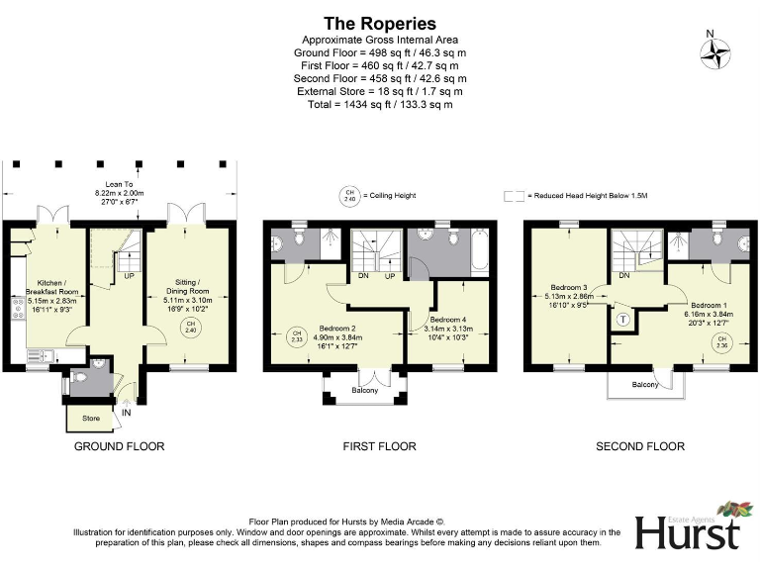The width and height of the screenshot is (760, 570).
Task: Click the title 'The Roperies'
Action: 380,24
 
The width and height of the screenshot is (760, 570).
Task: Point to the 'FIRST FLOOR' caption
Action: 379,446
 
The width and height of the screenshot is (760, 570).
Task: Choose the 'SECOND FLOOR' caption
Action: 640,446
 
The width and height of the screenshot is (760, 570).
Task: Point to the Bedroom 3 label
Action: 569,294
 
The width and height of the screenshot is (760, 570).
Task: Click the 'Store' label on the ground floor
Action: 91,419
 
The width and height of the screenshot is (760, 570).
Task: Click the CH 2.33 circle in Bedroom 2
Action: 294,335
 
